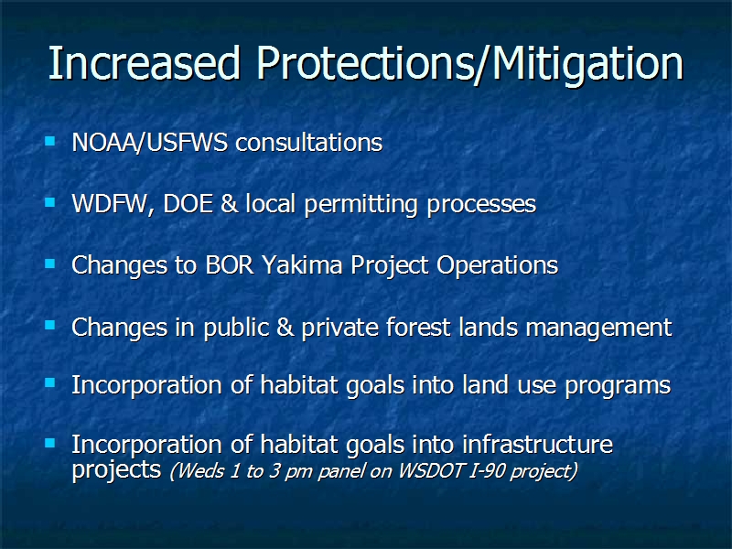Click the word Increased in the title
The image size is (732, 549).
coord(144,63)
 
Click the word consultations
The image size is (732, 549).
coord(309,143)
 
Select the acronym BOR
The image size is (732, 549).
coord(230,264)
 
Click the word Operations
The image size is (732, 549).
coord(497,266)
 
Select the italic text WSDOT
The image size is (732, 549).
coord(431,470)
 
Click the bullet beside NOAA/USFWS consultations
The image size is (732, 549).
coord(50,141)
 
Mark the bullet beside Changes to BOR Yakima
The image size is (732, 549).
coord(50,264)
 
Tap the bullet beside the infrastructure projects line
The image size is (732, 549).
coord(50,443)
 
